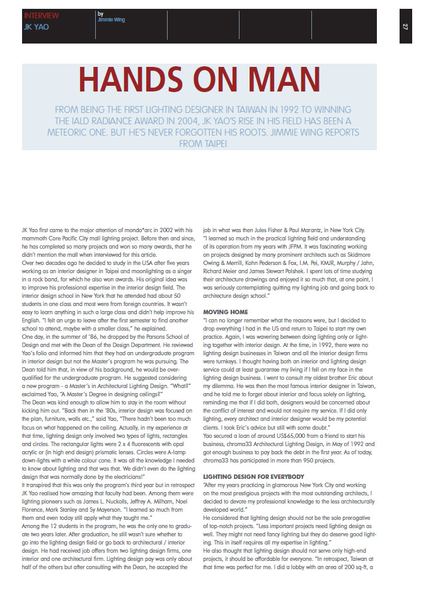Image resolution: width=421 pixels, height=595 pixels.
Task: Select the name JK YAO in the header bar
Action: click(37, 28)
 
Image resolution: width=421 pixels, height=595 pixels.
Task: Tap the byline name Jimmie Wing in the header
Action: click(112, 20)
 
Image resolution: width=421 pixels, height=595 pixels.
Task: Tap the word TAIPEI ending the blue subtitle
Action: click(214, 144)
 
